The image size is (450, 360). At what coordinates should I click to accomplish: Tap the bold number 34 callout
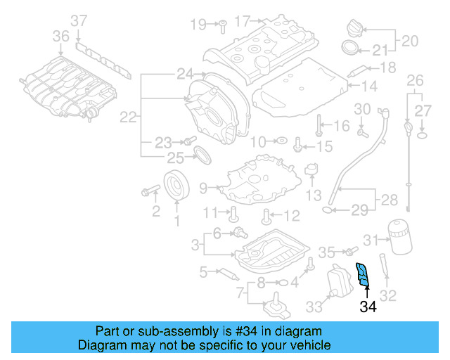[x=368, y=307]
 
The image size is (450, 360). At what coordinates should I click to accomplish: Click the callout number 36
[x=61, y=36]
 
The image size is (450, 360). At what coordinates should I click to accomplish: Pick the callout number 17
[x=242, y=21]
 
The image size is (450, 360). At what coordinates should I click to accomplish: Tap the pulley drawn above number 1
[x=177, y=185]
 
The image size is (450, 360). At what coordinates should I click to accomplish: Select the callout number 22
[x=127, y=117]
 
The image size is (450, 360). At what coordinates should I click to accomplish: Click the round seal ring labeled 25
[x=201, y=154]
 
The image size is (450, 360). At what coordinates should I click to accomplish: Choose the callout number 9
[x=203, y=188]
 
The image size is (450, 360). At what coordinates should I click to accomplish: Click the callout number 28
[x=389, y=200]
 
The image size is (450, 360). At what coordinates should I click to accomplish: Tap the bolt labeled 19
[x=219, y=25]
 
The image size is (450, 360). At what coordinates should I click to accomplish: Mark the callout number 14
[x=370, y=86]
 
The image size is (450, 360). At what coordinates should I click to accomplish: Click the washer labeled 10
[x=279, y=141]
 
